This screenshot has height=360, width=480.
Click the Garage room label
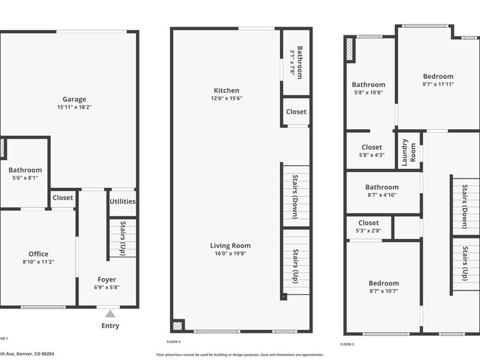pos(74,99)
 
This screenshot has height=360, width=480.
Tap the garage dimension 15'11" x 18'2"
pos(74,108)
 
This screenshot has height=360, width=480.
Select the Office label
pos(38,254)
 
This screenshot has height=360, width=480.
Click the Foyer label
pos(107,280)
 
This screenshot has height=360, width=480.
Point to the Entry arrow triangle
pos(110,314)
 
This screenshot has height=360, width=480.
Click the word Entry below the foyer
pos(110,325)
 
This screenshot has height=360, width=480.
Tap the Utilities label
pos(123,201)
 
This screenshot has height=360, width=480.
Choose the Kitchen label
pos(226,90)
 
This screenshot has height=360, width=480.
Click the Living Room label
pos(230,246)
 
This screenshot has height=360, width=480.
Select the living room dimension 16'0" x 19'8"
pos(230,255)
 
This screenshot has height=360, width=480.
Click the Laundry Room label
pos(408,150)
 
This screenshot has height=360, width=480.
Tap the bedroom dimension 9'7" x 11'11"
pos(438,85)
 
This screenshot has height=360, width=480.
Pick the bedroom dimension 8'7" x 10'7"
pos(383,291)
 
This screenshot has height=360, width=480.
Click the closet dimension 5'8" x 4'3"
pos(371,156)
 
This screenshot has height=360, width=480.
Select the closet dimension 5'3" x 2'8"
pos(368,231)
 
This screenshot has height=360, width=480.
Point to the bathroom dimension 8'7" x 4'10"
pos(382,195)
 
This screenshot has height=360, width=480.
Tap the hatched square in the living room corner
pos(177,325)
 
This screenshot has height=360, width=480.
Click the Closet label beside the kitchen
pos(296,112)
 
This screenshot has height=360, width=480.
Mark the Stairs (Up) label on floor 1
pos(123,238)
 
